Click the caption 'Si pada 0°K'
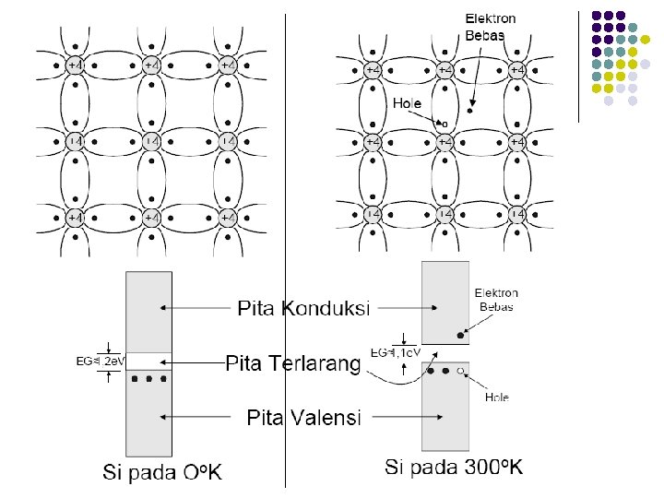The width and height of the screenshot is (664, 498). coord(162,472)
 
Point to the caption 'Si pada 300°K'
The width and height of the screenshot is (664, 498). coord(454,467)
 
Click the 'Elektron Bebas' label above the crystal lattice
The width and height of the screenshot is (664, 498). coord(489,26)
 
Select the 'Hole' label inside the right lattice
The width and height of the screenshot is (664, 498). coord(407,103)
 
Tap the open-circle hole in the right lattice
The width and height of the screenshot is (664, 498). coord(445,124)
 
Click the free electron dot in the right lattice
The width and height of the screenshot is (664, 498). coord(469,112)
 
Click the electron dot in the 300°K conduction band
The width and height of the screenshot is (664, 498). coord(460,333)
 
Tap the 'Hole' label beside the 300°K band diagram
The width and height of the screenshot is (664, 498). coord(498,398)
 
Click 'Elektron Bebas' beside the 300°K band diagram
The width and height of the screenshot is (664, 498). coord(497,299)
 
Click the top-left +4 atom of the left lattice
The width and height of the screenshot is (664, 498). coord(76,65)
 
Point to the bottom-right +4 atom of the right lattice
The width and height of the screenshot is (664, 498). coord(517,213)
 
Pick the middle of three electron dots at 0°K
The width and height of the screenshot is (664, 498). coord(149,379)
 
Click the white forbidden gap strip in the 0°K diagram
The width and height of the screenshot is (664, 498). coord(149,360)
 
